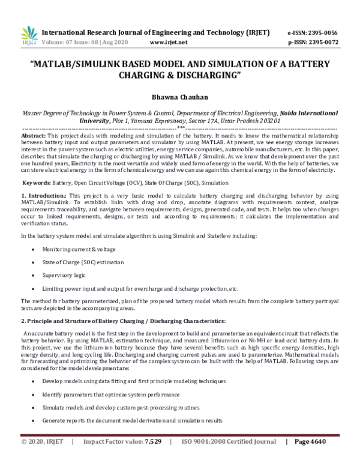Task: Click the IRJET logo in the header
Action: [x=29, y=37]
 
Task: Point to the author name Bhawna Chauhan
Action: [x=179, y=95]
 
